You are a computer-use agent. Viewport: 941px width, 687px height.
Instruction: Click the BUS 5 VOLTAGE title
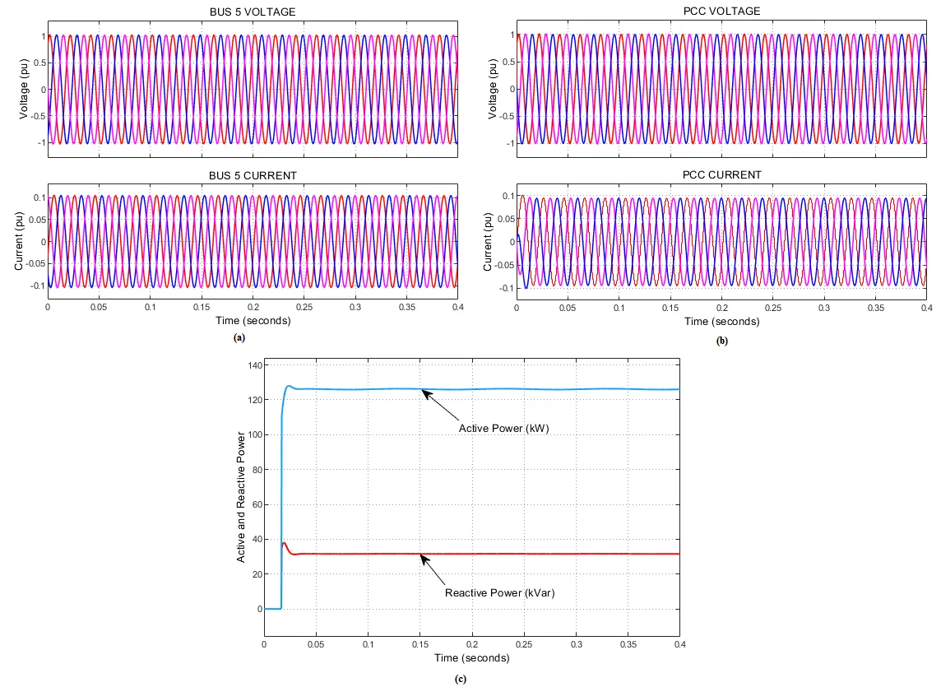[253, 11]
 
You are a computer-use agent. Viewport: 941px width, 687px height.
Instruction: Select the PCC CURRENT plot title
[721, 174]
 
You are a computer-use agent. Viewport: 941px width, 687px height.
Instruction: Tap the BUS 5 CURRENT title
[253, 175]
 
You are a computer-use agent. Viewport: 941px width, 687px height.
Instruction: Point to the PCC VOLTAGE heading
[721, 11]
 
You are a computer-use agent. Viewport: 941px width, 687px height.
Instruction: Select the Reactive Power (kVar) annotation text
[495, 592]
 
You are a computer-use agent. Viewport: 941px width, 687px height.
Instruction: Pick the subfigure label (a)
[239, 337]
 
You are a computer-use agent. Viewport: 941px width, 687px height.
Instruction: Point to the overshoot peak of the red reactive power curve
[285, 543]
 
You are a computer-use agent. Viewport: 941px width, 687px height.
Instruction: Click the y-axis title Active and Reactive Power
[241, 487]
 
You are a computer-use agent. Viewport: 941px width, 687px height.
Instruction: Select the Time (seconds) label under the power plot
[471, 658]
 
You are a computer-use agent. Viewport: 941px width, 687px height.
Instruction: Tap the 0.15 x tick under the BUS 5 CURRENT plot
[202, 306]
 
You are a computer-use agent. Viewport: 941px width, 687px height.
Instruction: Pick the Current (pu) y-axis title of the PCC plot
[489, 242]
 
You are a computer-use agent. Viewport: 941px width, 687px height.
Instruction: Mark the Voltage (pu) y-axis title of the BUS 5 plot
[23, 89]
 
